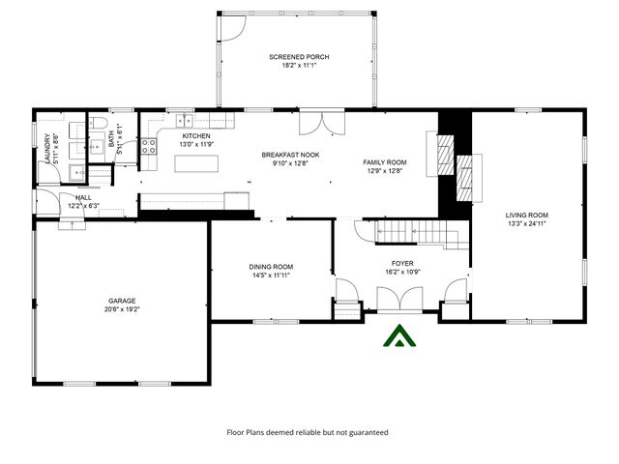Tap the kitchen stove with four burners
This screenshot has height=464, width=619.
pos(150,147)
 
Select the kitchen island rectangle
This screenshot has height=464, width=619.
pos(195,162)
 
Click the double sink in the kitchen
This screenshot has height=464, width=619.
pos(187,121)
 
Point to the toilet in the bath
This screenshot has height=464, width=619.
pos(100,124)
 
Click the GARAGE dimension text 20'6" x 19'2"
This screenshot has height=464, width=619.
pos(123,310)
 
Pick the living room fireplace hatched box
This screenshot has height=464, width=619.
pos(466,176)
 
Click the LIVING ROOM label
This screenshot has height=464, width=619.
pos(527,215)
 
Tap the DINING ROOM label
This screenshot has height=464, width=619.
pos(272,267)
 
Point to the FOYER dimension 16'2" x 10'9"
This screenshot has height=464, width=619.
pos(402,272)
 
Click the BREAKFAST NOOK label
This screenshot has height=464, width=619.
pos(290,155)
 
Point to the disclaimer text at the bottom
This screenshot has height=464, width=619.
pos(307,432)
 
